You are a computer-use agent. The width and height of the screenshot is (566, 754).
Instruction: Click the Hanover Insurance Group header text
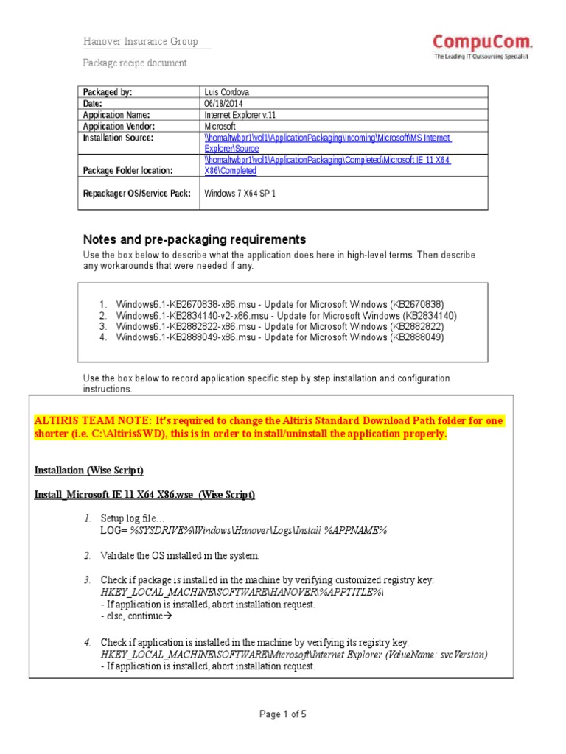point(140,42)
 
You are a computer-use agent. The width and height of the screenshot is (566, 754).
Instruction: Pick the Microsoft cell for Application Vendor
point(220,127)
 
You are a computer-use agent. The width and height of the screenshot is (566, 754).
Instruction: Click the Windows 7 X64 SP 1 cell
point(240,193)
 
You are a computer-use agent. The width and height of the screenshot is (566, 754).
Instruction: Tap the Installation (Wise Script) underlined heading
point(89,470)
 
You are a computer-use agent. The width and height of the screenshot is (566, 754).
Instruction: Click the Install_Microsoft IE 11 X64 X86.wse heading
point(144,495)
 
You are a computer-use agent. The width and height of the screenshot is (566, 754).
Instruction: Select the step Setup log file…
point(133,519)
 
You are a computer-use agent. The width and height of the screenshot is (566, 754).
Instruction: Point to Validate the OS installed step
point(180,555)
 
